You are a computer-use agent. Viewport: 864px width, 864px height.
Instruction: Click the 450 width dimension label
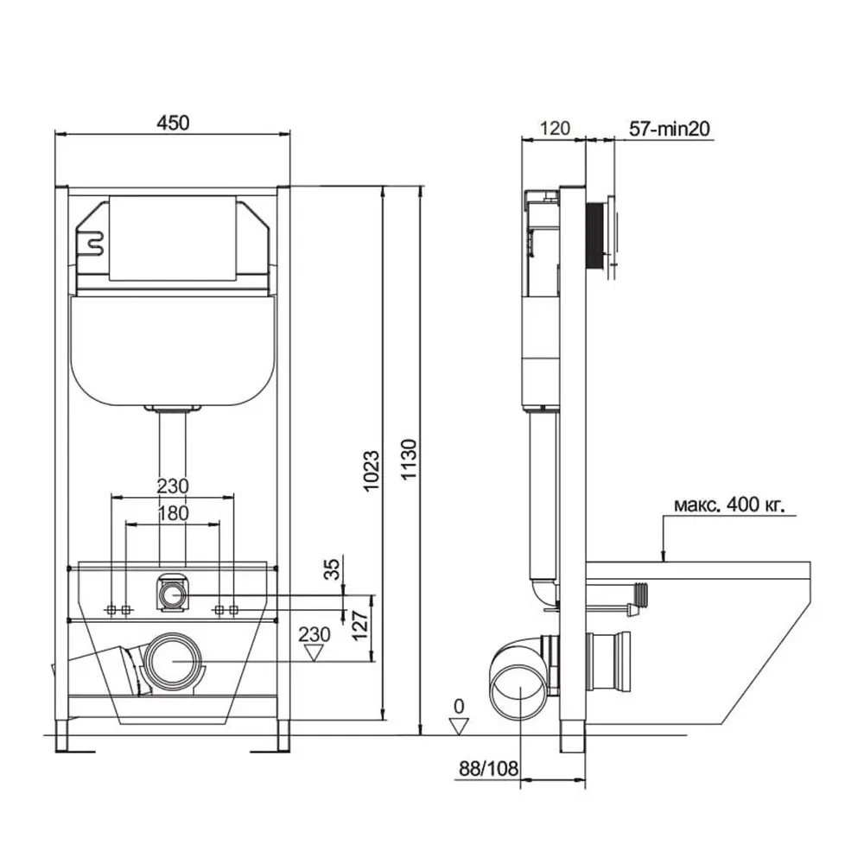(172, 123)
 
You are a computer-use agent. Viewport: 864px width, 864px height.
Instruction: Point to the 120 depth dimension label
(554, 129)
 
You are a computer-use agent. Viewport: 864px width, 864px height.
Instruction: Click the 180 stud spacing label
(173, 513)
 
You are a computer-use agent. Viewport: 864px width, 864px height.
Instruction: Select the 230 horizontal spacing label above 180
(173, 487)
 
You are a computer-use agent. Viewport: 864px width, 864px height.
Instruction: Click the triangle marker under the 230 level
(314, 652)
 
